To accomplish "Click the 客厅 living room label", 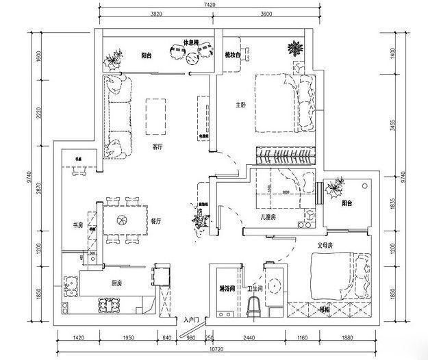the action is [x=157, y=146].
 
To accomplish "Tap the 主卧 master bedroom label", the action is [x=240, y=105].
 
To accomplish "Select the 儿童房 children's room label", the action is [x=268, y=217].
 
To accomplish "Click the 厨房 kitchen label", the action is [x=117, y=282].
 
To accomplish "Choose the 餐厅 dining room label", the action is [x=155, y=221].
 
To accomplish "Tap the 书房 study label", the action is [x=77, y=225].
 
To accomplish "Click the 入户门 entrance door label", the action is [x=191, y=320].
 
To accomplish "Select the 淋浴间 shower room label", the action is [x=227, y=288].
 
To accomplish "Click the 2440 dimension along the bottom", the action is [x=249, y=337].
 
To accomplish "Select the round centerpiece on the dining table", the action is [x=122, y=220].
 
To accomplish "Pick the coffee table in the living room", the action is [x=157, y=116].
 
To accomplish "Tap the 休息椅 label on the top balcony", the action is [x=190, y=42].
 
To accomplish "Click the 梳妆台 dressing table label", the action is [x=232, y=55].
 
